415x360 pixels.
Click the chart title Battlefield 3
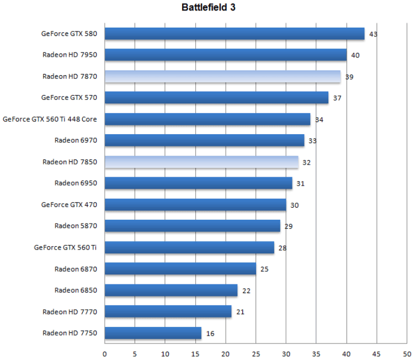tap(209, 8)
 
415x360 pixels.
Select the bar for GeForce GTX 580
tap(235, 34)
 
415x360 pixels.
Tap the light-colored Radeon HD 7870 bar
tap(222, 77)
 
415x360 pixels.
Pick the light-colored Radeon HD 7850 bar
tap(201, 162)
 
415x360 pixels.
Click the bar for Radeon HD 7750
tap(153, 333)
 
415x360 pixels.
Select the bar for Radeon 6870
tap(180, 269)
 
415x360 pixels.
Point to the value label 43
tap(373, 34)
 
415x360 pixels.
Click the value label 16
tap(210, 333)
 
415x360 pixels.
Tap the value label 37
tap(337, 98)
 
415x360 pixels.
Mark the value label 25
tap(264, 269)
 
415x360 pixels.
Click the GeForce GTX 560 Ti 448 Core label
tap(50, 119)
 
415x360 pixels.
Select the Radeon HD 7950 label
tap(70, 55)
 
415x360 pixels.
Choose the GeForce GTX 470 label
tap(69, 205)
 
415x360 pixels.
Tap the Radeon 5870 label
tap(76, 226)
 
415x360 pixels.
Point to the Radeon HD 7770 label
tap(70, 312)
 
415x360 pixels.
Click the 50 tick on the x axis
tap(407, 353)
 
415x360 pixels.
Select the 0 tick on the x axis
tap(105, 353)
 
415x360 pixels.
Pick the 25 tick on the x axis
tap(256, 353)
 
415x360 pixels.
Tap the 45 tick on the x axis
tap(377, 353)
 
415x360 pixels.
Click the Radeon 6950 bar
tap(199, 183)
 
